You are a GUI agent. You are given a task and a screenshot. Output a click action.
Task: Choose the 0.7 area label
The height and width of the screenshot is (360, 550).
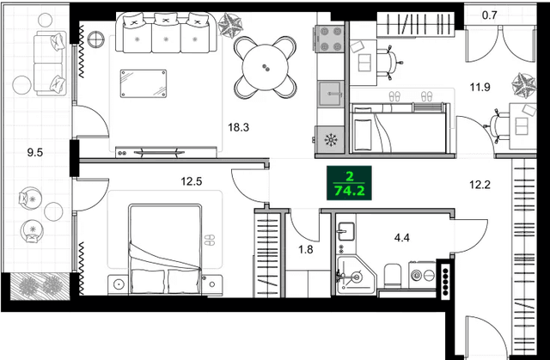[x=491, y=15]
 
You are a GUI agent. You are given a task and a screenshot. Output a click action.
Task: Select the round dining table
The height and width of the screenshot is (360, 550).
[x=266, y=63]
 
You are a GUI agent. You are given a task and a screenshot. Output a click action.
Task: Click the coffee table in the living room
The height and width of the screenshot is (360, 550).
[x=143, y=83]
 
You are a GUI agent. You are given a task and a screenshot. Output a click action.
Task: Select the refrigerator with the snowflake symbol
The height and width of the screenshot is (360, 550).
[x=328, y=139]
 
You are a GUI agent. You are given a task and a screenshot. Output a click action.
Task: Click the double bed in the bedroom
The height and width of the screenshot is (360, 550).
[x=163, y=249]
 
